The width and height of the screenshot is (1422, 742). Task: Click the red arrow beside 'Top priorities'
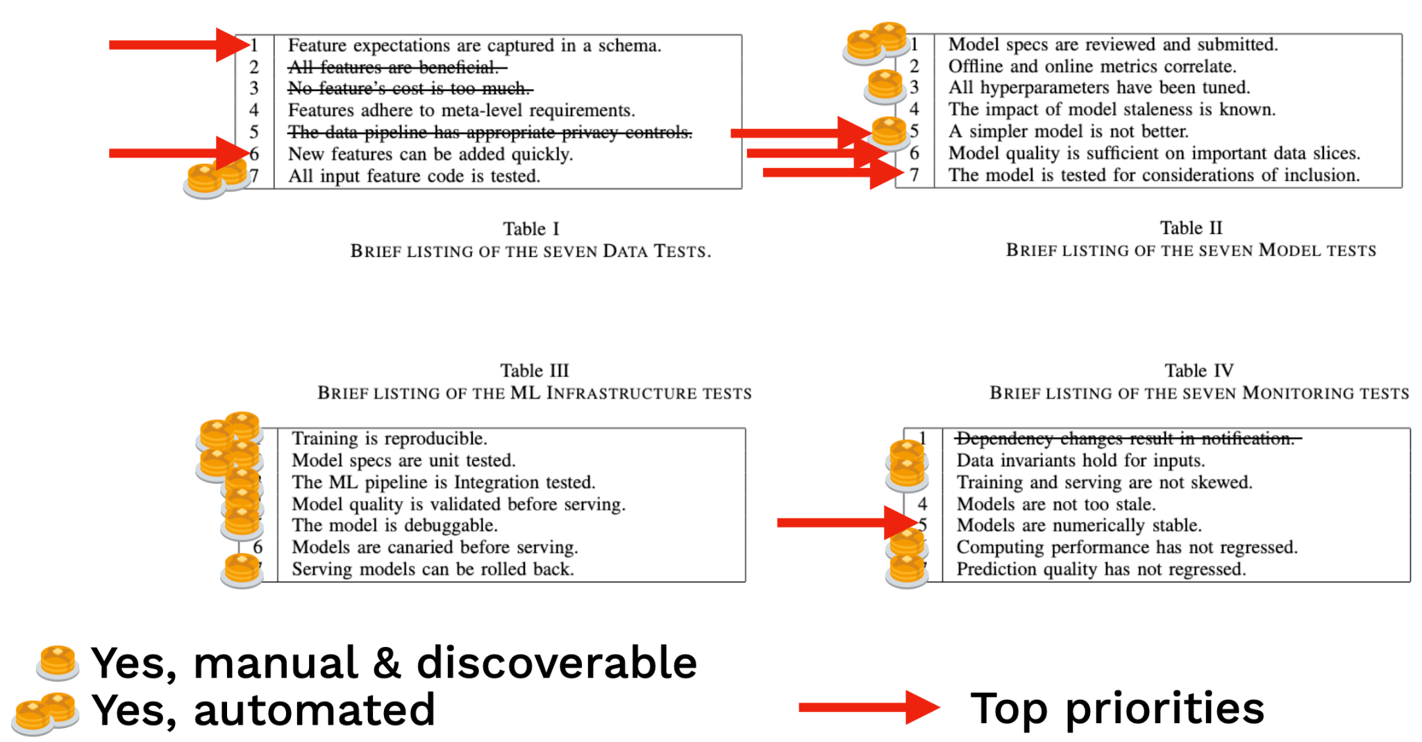tap(868, 707)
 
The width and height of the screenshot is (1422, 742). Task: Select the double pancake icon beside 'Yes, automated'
tap(45, 712)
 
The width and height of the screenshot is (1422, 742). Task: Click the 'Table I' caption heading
tap(530, 228)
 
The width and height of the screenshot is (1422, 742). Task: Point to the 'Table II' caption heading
tap(1191, 228)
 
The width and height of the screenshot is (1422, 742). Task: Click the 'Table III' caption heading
tap(534, 370)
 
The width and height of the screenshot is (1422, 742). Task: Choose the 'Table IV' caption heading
tap(1199, 370)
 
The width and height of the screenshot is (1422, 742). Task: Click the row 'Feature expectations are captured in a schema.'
tap(474, 46)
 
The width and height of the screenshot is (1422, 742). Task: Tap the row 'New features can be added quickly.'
tap(430, 154)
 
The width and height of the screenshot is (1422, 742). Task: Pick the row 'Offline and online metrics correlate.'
tap(1092, 67)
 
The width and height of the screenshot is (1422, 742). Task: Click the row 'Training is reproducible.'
tap(390, 439)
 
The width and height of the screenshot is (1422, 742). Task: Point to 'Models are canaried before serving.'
tap(435, 547)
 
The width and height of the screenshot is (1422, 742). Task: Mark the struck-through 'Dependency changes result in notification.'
tap(1125, 439)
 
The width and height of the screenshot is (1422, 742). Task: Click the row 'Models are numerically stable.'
tap(1078, 525)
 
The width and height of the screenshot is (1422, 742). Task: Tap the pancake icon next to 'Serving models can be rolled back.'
tap(242, 571)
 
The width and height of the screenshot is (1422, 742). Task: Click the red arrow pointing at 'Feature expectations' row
tap(178, 45)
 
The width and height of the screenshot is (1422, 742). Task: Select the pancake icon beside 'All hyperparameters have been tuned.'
tap(885, 87)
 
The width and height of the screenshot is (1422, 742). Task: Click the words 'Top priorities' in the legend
tap(1116, 708)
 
